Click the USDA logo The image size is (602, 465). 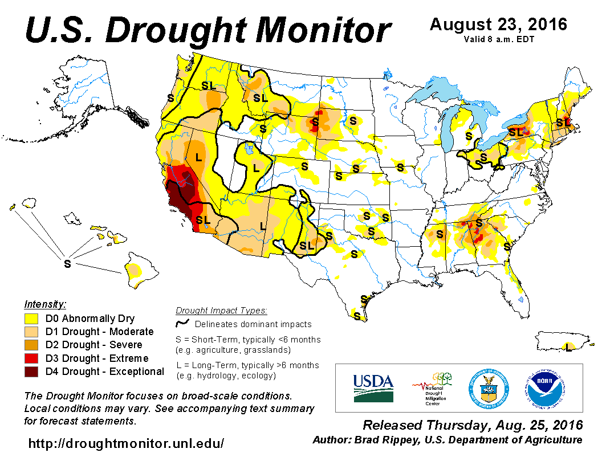(373, 387)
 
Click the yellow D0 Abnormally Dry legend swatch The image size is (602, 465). (31, 319)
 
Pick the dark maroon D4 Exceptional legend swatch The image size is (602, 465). (31, 372)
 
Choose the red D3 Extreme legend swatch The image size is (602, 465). (31, 358)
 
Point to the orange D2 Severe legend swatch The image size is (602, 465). (31, 345)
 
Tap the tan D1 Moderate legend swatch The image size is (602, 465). (31, 332)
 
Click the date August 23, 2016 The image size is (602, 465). (498, 25)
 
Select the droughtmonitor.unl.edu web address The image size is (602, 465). (126, 443)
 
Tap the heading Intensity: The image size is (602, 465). (46, 304)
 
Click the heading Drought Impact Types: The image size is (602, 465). (221, 311)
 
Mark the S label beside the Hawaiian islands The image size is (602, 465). (67, 264)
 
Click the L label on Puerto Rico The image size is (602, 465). (568, 345)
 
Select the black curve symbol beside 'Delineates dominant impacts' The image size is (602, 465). (183, 323)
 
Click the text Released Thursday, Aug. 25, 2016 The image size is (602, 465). (473, 425)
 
